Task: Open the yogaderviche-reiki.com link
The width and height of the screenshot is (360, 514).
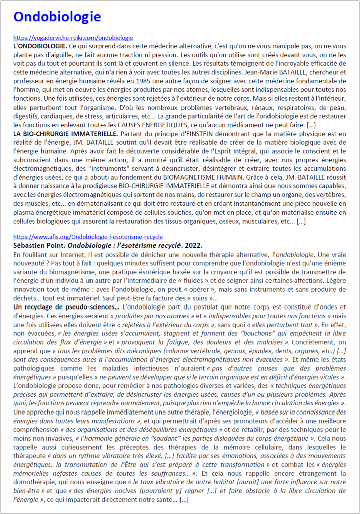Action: click(x=73, y=38)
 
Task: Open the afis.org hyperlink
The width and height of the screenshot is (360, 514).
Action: click(x=88, y=237)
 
